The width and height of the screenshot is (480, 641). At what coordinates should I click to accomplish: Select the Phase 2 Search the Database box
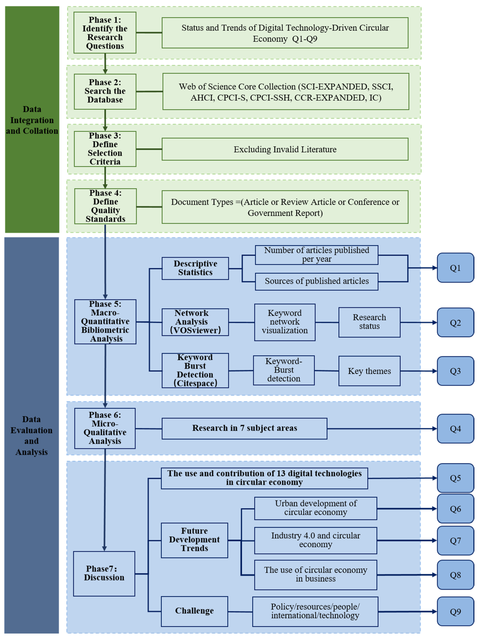105,91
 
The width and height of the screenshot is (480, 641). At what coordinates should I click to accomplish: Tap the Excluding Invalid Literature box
285,149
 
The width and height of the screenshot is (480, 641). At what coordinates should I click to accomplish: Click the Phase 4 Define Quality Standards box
105,206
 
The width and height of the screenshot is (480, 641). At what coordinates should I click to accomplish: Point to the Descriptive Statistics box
195,268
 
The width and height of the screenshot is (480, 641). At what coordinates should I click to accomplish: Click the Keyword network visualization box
285,322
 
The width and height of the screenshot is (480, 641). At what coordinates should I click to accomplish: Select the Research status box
369,322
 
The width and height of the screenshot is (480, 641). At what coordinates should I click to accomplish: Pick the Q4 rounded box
455,428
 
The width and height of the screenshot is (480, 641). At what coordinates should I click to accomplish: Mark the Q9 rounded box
455,611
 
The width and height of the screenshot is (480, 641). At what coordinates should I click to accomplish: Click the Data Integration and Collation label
32,120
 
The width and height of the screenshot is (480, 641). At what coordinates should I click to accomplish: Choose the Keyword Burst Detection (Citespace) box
195,370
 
